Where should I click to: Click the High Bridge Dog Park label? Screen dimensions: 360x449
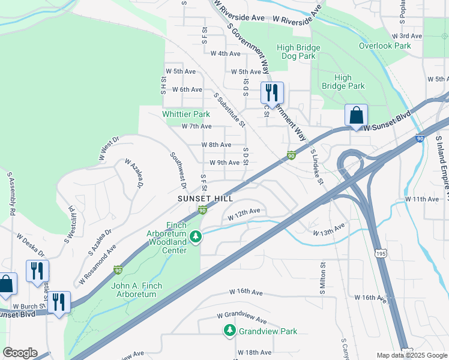tap(295, 52)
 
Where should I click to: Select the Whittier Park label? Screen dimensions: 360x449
tap(185, 114)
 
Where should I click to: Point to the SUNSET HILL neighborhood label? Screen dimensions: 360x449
tap(205, 198)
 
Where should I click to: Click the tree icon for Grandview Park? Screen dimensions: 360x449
tap(229, 331)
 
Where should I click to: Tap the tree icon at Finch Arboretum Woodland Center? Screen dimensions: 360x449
tap(195, 238)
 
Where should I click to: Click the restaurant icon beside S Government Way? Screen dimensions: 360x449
tap(272, 94)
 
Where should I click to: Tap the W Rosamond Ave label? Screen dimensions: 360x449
tap(97, 265)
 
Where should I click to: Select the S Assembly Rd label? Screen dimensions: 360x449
tap(10, 194)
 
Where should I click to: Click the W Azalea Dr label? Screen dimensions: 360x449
tap(134, 173)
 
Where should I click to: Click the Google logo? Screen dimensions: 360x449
tap(20, 353)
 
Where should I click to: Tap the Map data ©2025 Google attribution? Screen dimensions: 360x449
tap(411, 355)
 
